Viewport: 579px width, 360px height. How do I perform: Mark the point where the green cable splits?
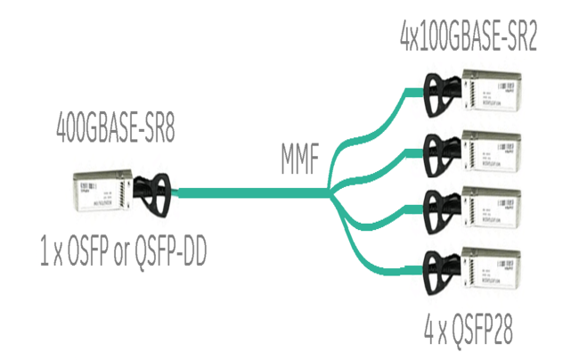pyautogui.click(x=330, y=191)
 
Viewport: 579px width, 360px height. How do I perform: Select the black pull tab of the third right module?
pyautogui.click(x=436, y=209)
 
